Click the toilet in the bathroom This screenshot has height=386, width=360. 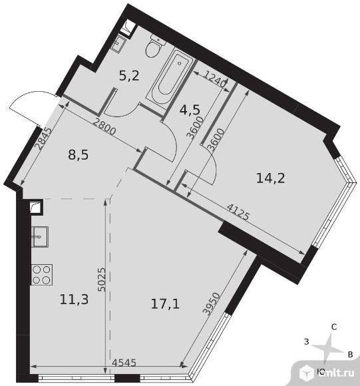(154, 47)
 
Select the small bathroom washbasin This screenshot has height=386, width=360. (120, 43)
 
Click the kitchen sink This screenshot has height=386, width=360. (40, 236)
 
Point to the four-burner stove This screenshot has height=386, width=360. (41, 275)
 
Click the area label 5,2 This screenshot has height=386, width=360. (129, 76)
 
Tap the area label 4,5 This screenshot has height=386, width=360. (190, 110)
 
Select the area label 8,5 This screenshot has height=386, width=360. (78, 155)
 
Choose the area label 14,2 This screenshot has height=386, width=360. (270, 178)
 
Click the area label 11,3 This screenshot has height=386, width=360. (74, 299)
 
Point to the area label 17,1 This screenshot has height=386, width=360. (165, 304)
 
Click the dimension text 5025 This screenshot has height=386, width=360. (102, 280)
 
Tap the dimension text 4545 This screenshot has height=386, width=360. (124, 363)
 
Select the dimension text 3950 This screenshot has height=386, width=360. (211, 303)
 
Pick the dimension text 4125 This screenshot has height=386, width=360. (238, 212)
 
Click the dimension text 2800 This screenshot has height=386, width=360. (104, 128)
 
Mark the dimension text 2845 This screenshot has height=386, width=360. (43, 139)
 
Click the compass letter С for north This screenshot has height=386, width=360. (334, 327)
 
